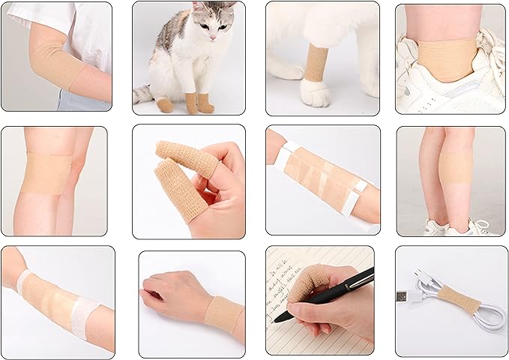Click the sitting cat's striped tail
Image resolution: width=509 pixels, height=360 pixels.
142,95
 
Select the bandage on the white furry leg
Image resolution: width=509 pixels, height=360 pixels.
316,63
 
